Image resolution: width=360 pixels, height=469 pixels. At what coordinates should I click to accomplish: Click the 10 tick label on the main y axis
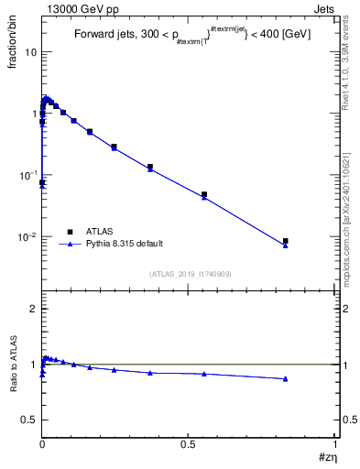tap(30, 51)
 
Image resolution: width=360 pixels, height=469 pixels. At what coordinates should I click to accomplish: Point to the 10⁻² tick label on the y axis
tap(28, 236)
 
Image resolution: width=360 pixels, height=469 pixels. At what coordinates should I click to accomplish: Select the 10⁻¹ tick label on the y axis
tap(28, 174)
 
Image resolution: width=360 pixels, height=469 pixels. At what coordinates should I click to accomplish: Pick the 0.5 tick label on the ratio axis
tap(29, 420)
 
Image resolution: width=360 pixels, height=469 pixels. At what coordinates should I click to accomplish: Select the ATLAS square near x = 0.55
tap(204, 194)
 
